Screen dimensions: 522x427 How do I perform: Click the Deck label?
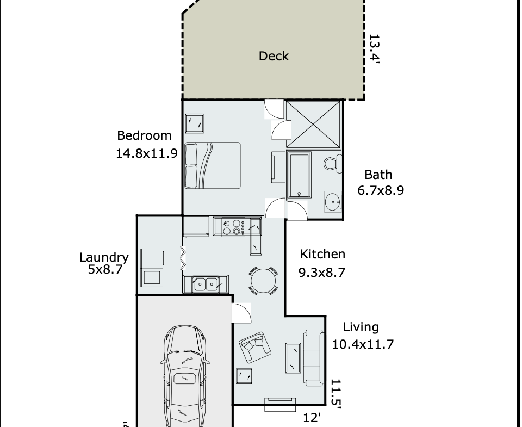(274, 56)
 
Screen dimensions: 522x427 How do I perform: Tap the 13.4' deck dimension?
(375, 48)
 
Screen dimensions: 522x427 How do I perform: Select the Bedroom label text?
(144, 135)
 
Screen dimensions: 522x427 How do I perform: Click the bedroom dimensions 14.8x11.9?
(146, 153)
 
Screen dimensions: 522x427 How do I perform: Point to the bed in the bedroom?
(213, 165)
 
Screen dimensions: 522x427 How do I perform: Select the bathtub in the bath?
(299, 175)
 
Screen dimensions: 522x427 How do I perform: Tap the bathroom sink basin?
(333, 202)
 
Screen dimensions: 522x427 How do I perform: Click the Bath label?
(378, 175)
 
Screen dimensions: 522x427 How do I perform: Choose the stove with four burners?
(233, 227)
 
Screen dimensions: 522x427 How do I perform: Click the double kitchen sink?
(206, 284)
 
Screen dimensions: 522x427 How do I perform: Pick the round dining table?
(263, 281)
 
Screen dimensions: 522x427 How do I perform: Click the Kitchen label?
(322, 254)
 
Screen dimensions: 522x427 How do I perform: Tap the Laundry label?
(104, 257)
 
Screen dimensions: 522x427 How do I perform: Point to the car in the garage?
(185, 376)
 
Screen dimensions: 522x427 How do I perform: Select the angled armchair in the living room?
(255, 347)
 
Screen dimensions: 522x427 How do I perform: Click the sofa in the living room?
(313, 357)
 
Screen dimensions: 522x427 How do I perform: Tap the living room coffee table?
(293, 358)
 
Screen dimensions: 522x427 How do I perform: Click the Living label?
(361, 327)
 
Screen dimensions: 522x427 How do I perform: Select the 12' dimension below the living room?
(312, 417)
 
